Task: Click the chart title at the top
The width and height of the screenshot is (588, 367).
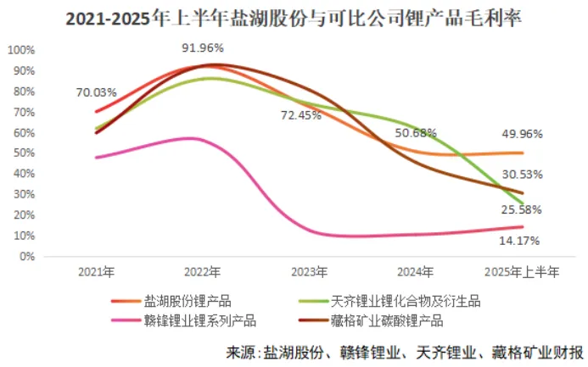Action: tap(294, 17)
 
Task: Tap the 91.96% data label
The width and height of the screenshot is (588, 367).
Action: tap(204, 48)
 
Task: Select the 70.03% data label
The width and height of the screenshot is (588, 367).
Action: tap(95, 92)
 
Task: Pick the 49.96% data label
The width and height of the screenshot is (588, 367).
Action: tap(523, 134)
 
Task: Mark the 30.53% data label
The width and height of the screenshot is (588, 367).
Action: tap(523, 175)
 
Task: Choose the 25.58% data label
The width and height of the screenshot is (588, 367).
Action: tap(523, 209)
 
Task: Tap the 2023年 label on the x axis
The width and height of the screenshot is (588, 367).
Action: tap(309, 271)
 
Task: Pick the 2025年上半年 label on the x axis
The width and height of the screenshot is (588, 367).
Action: tap(522, 271)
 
